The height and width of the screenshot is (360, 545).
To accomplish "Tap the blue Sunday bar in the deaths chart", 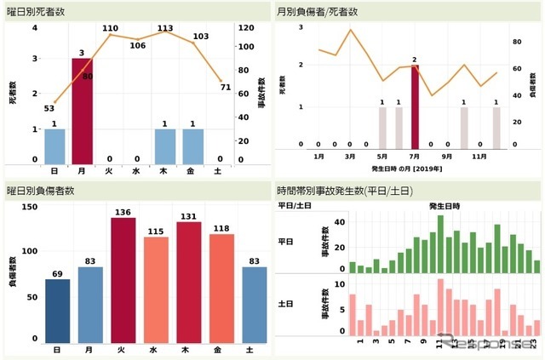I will point(54,146).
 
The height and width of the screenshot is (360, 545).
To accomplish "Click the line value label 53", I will point(49,108).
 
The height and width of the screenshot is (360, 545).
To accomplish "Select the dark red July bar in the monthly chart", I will point(415,106).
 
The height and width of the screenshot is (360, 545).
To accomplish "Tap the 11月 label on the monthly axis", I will point(479,157).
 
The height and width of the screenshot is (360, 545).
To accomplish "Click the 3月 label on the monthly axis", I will point(350,157).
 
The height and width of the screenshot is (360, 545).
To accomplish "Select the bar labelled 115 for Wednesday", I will point(156,289).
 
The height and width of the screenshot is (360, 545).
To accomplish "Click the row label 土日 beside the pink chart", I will point(286,303).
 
